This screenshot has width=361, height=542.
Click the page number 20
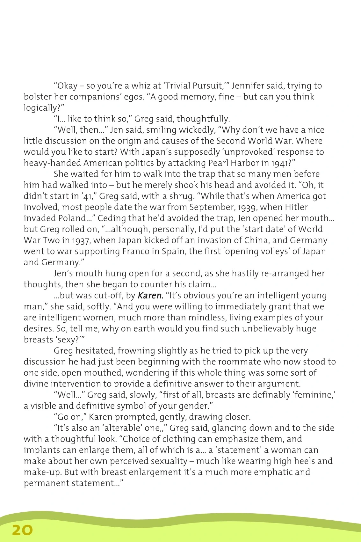tap(23, 530)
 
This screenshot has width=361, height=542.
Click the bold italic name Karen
tap(150, 296)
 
